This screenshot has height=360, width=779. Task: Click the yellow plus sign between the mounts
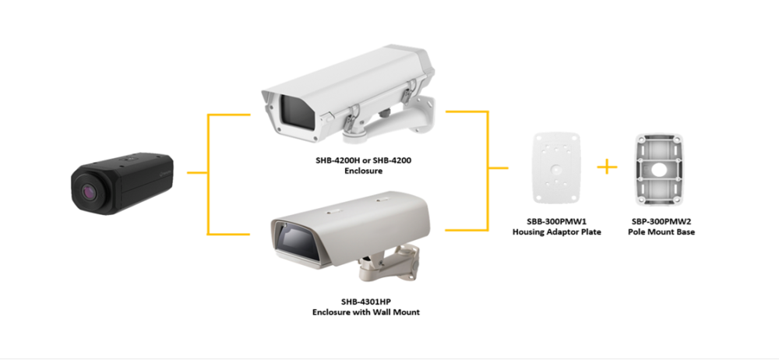pos(607,167)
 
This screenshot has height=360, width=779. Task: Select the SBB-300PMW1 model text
pos(556,222)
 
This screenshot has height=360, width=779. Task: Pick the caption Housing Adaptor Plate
pos(556,232)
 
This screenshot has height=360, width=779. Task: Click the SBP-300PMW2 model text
pos(661,222)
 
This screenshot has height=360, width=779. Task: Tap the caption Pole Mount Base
pos(661,232)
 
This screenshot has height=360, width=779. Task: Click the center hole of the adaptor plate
pos(556,168)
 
